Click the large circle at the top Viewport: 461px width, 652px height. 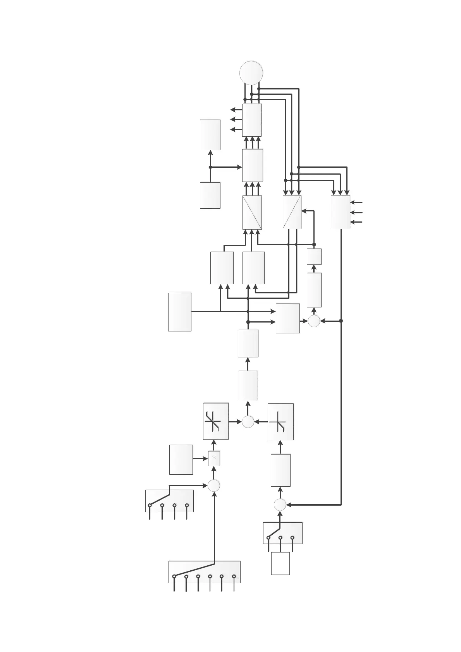(x=251, y=72)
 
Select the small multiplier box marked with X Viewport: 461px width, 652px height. (x=214, y=458)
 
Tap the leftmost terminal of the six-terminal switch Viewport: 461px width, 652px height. (x=174, y=576)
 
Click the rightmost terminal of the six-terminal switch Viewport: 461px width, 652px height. (x=234, y=576)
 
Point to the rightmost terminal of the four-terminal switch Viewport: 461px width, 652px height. (x=187, y=505)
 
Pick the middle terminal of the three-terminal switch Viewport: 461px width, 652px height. (x=280, y=537)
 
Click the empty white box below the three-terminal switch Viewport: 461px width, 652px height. (x=280, y=563)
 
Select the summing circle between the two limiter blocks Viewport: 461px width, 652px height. (x=248, y=422)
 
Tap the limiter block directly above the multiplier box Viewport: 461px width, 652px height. (x=216, y=421)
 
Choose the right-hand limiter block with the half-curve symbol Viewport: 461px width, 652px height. (x=280, y=422)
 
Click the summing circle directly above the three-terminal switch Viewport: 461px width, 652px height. (x=280, y=505)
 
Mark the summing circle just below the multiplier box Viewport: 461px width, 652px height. (x=214, y=485)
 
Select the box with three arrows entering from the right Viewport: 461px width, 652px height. (x=341, y=212)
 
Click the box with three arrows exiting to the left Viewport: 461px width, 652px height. (x=252, y=120)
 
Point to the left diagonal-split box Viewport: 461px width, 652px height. (x=252, y=212)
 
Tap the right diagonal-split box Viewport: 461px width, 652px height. (x=292, y=212)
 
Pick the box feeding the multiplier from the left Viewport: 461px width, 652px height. (x=181, y=459)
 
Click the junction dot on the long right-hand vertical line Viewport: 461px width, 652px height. (x=341, y=321)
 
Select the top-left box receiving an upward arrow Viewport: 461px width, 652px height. (x=210, y=135)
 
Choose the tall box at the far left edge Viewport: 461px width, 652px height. (x=180, y=312)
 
